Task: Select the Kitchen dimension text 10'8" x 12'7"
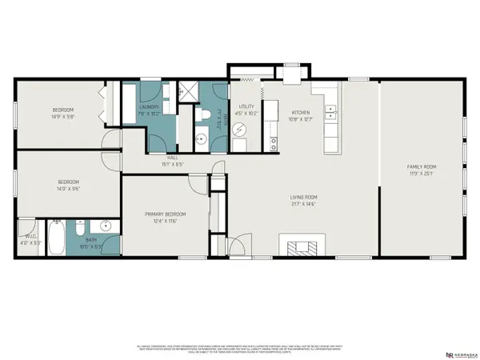(x=301, y=119)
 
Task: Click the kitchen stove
(x=274, y=145)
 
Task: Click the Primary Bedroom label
(x=165, y=214)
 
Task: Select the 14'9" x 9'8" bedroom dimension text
(x=63, y=115)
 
